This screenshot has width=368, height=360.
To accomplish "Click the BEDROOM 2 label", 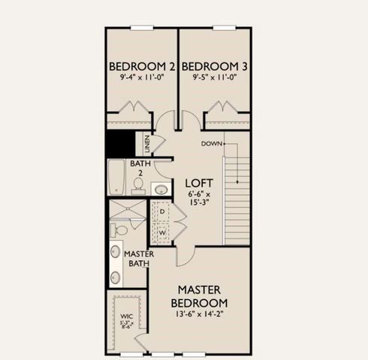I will (x=142, y=64).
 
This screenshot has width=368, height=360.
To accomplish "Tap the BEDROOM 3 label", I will (x=216, y=64).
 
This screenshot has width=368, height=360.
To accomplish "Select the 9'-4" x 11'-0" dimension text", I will (x=142, y=77).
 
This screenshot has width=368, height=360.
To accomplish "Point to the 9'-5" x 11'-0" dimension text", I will (x=216, y=77).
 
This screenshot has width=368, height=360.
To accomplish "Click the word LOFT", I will (x=201, y=183).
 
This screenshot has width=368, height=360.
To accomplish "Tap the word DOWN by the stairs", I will (x=211, y=142).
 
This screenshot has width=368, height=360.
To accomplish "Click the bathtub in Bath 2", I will (x=116, y=178).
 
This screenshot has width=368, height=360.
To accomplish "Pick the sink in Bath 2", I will (x=160, y=189).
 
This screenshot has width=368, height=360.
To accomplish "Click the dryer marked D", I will (x=162, y=212).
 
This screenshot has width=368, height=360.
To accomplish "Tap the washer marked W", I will (x=162, y=232).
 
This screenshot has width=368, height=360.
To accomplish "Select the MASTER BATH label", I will (x=139, y=259).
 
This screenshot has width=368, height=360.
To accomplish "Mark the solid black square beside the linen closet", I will (x=119, y=142).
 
